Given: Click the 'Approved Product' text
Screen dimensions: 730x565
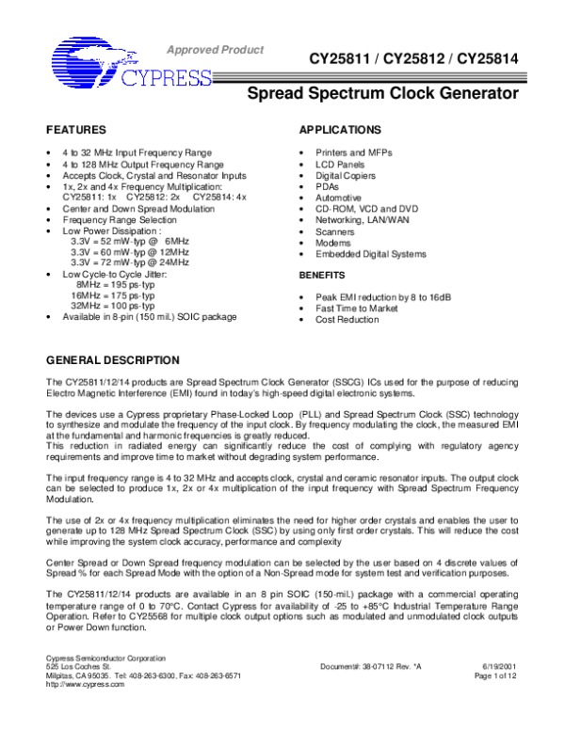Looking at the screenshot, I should (216, 49).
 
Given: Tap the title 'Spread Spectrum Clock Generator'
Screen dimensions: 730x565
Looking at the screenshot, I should (382, 94).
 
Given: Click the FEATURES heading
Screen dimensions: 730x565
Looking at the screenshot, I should (72, 129).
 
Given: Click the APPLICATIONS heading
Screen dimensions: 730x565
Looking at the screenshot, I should (339, 129).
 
